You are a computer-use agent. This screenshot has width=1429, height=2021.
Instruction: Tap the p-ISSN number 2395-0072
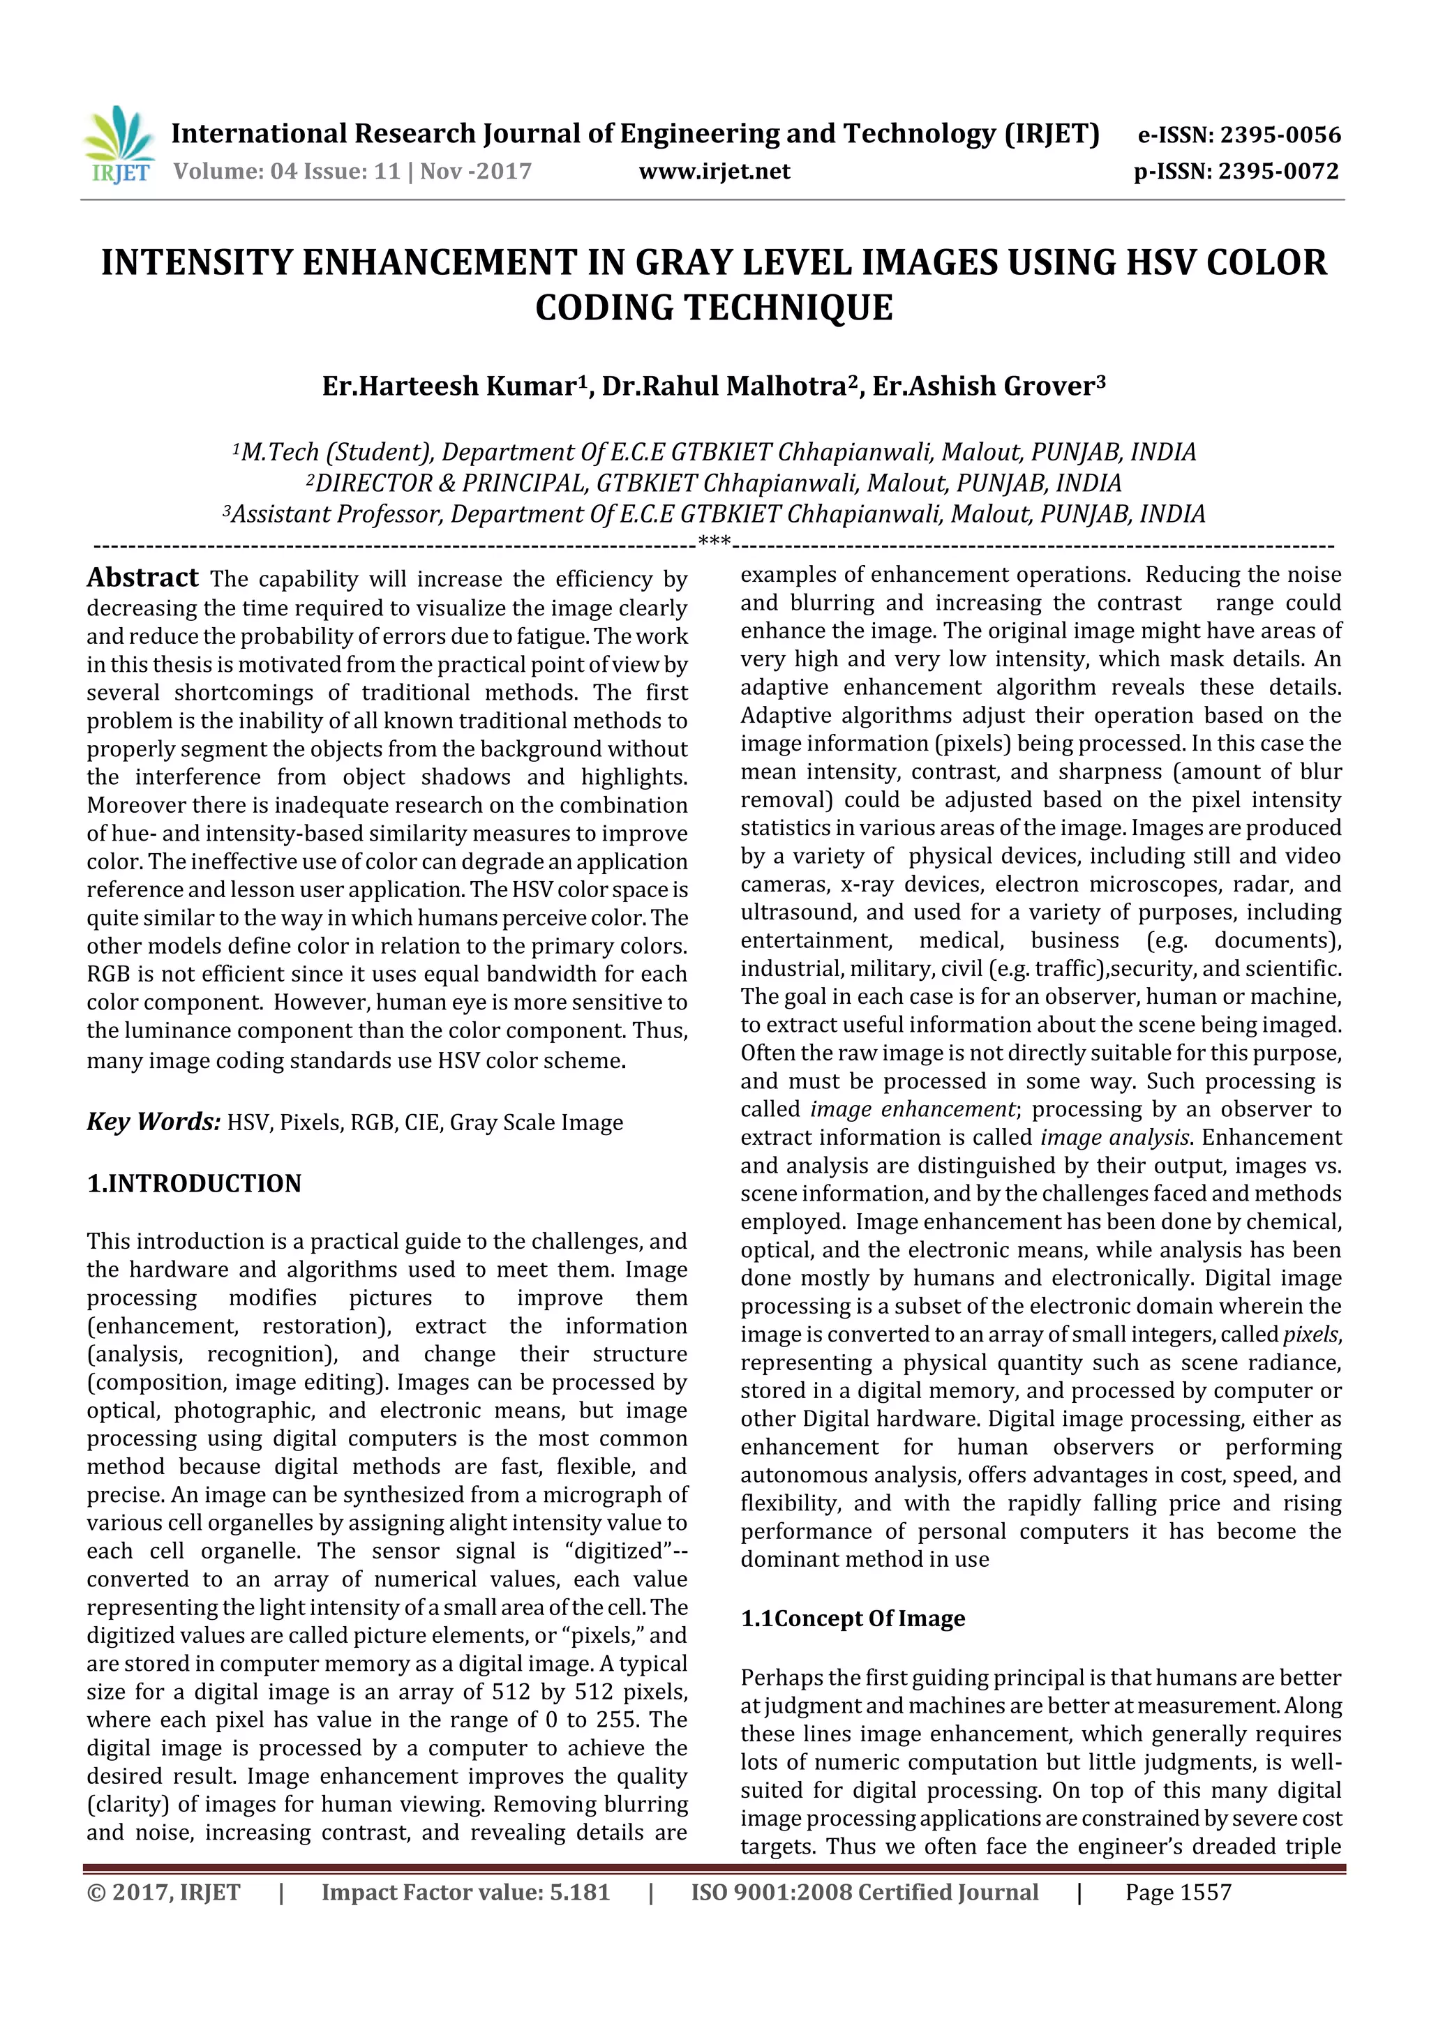coord(1278,172)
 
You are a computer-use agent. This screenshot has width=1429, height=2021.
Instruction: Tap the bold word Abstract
coord(142,578)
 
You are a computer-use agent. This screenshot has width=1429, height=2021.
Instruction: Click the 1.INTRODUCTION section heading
coord(194,1183)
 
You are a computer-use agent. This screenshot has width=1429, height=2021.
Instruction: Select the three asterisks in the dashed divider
coord(714,541)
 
